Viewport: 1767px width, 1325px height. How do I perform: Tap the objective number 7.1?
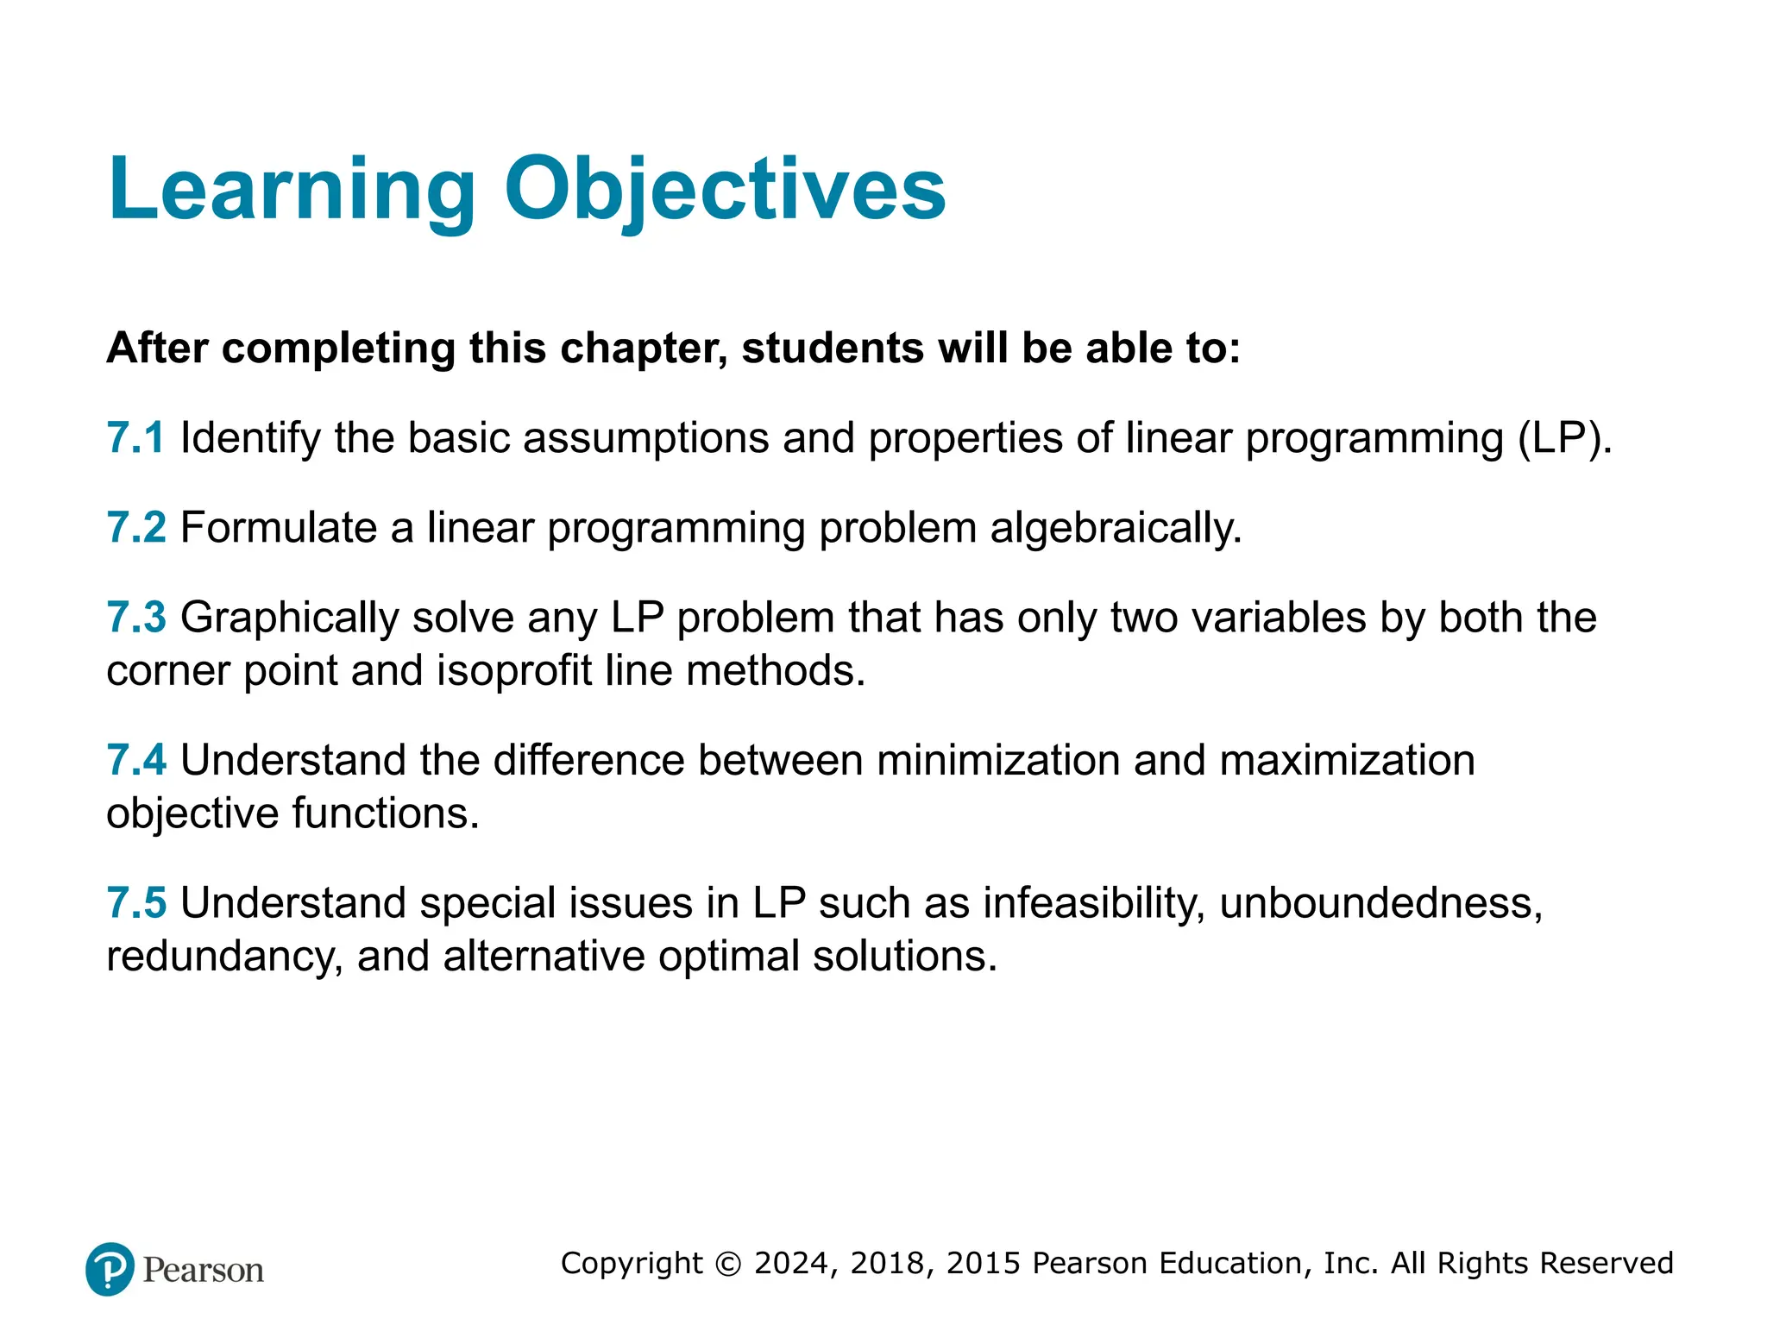point(135,437)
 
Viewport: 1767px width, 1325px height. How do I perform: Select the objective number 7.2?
point(135,527)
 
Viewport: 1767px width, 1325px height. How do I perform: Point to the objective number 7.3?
point(135,618)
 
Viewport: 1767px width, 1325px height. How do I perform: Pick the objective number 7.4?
point(135,760)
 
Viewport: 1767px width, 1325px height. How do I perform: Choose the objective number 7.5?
point(135,903)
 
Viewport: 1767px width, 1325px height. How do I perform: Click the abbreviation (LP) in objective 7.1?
point(1563,438)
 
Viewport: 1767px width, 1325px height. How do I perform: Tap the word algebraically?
point(1116,528)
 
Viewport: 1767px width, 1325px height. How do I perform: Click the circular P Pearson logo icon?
point(110,1269)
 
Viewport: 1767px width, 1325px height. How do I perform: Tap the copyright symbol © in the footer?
point(728,1264)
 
